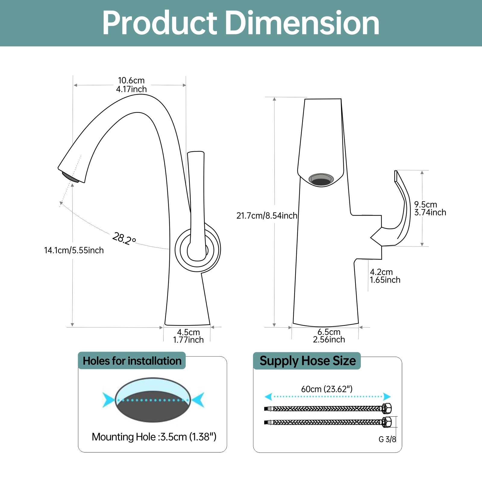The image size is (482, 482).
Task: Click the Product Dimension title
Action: [x=241, y=23]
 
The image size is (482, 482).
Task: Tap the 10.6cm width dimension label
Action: [x=131, y=85]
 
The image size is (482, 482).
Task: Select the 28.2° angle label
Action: [x=124, y=239]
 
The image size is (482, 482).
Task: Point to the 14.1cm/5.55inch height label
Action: [x=74, y=250]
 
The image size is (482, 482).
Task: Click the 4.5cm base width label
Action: [x=188, y=336]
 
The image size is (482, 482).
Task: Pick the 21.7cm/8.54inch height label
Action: [x=267, y=216]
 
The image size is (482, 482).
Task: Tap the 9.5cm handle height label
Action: [x=430, y=208]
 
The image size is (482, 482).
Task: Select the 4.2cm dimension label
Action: [x=385, y=276]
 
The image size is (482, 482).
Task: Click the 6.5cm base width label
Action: [x=329, y=336]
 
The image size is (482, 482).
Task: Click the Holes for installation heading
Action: [x=132, y=361]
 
